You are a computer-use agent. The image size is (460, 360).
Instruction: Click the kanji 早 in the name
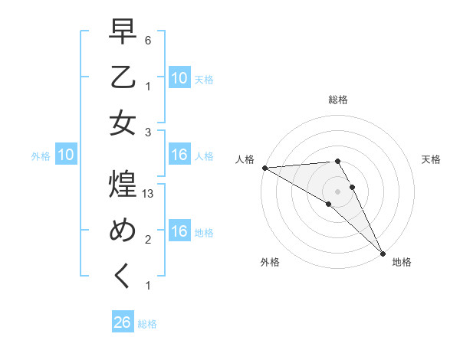(x=123, y=33)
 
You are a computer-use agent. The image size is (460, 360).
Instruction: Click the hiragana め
(x=123, y=231)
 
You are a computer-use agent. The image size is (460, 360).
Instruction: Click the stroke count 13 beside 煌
(x=149, y=195)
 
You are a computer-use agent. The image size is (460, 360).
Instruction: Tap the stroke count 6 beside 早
(x=149, y=40)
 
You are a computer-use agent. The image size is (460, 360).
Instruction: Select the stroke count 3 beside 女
(x=149, y=132)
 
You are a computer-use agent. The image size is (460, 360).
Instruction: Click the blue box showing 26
(x=123, y=322)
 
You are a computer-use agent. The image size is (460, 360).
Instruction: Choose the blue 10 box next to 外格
(x=66, y=155)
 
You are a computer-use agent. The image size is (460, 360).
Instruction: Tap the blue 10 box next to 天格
(x=179, y=77)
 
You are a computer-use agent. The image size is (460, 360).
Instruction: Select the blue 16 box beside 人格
(x=179, y=155)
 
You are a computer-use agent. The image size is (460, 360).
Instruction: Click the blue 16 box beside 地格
(x=179, y=232)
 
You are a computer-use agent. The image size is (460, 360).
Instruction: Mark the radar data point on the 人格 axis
(x=264, y=168)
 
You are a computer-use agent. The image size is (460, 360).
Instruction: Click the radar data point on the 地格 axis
(x=382, y=252)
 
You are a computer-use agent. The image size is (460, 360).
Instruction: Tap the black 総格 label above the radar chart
(x=338, y=100)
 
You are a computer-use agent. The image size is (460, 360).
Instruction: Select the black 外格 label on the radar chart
(x=270, y=262)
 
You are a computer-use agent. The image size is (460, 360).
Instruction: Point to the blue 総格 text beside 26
(x=148, y=324)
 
